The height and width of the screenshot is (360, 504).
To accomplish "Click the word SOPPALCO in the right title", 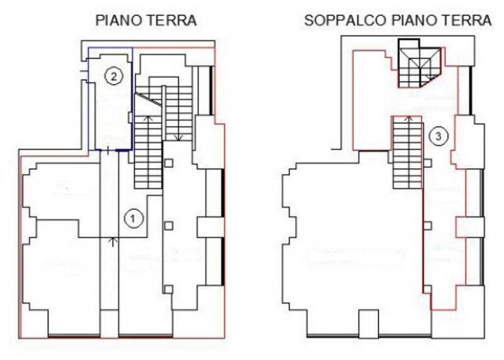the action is pyautogui.click(x=345, y=21).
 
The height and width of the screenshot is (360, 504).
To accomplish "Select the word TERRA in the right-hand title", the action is pyautogui.click(x=467, y=21).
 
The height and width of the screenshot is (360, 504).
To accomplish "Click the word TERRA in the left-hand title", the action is pyautogui.click(x=172, y=21).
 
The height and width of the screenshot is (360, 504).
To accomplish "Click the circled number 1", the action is pyautogui.click(x=134, y=218).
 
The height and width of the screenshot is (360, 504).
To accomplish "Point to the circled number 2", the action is pyautogui.click(x=114, y=76).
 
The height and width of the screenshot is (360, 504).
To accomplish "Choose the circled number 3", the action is pyautogui.click(x=438, y=136).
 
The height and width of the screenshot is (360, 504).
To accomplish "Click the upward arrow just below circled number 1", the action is pyautogui.click(x=113, y=242).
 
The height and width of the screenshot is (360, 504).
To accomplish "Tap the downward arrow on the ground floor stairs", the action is pyautogui.click(x=178, y=137).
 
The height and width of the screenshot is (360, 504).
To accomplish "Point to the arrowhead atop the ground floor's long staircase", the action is pyautogui.click(x=148, y=118).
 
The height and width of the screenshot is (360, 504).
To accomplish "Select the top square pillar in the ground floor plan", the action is pyautogui.click(x=169, y=163).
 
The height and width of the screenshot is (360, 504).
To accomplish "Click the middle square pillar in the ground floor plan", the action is pyautogui.click(x=169, y=226).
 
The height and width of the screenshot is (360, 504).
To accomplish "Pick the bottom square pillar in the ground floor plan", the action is pyautogui.click(x=169, y=289).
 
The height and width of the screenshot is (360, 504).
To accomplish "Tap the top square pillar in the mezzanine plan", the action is pyautogui.click(x=427, y=163).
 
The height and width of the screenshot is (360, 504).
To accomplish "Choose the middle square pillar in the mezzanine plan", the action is pyautogui.click(x=427, y=226).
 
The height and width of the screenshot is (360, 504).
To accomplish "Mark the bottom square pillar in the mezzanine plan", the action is pyautogui.click(x=427, y=289).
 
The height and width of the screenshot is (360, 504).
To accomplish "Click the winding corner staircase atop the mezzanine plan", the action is pyautogui.click(x=419, y=64).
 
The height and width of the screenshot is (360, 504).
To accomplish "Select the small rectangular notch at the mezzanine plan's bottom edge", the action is pyautogui.click(x=369, y=323).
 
